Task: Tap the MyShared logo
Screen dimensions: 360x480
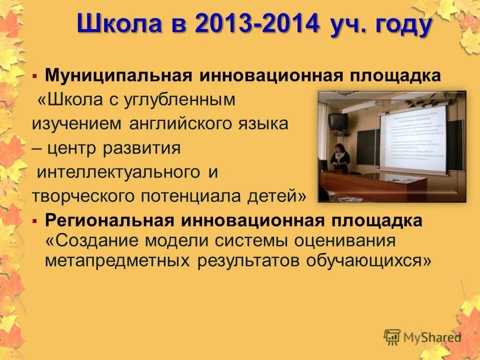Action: click(422, 336)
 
